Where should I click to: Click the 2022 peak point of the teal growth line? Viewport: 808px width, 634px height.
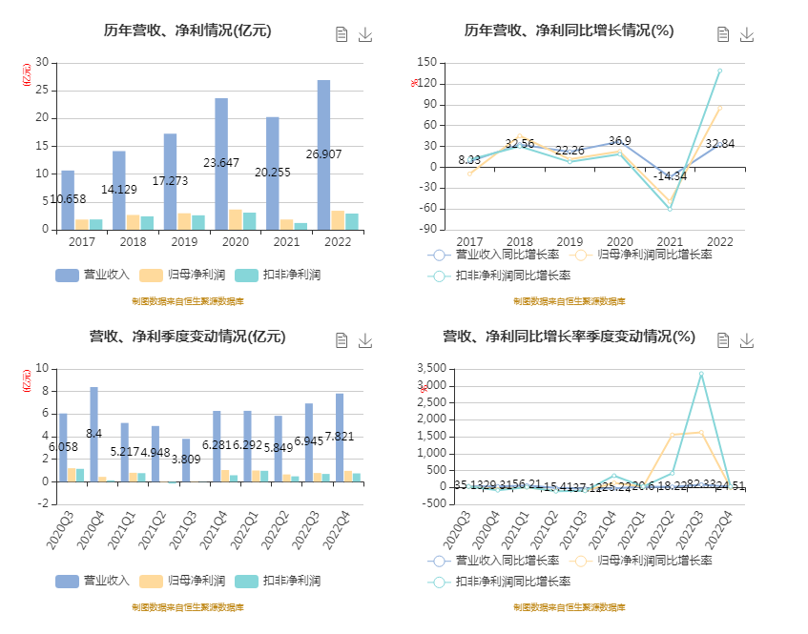(x=719, y=71)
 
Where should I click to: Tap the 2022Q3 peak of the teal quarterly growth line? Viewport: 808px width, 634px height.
(x=700, y=374)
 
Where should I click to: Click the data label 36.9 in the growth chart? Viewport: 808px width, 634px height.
(x=620, y=141)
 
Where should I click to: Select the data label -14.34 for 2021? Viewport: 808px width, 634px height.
(x=670, y=176)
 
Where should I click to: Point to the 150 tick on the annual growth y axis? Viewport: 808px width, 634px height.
(x=426, y=63)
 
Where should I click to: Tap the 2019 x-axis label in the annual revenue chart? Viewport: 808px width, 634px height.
(x=171, y=242)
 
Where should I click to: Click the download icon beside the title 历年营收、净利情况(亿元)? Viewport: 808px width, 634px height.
(x=364, y=34)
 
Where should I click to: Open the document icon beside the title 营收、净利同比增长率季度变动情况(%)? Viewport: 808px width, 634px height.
(x=723, y=340)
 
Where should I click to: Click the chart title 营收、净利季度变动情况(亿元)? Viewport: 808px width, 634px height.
(x=187, y=337)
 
